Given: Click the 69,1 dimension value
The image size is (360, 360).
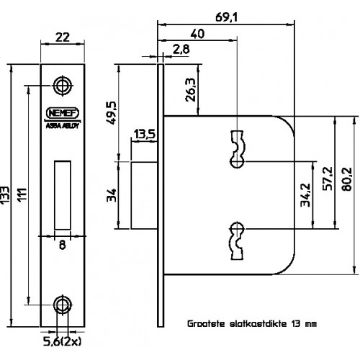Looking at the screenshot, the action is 226,17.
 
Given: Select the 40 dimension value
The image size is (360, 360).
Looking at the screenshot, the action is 197,34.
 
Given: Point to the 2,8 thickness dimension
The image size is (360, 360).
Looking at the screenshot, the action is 181,50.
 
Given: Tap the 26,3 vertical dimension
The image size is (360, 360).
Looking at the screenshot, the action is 191,90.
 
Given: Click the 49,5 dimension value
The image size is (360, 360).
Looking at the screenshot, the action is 111,113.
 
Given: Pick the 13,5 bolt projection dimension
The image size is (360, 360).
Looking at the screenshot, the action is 145,134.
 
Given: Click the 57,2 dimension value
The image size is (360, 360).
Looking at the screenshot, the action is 328,179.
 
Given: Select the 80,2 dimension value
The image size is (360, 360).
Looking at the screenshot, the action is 346,179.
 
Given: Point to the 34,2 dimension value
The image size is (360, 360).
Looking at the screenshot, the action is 305,195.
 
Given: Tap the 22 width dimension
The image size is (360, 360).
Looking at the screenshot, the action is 63,37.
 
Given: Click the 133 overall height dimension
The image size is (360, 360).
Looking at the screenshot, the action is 5,195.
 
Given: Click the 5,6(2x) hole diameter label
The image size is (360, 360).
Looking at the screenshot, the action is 62,341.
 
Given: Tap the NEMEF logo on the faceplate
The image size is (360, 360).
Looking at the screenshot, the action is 63,113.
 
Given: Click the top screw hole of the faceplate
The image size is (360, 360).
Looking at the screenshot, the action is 63,86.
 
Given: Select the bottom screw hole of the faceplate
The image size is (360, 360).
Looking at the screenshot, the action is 63,305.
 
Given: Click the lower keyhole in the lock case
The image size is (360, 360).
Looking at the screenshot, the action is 238,241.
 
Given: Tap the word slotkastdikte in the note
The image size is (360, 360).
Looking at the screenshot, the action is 258,324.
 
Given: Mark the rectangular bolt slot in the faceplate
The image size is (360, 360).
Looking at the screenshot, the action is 63,195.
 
